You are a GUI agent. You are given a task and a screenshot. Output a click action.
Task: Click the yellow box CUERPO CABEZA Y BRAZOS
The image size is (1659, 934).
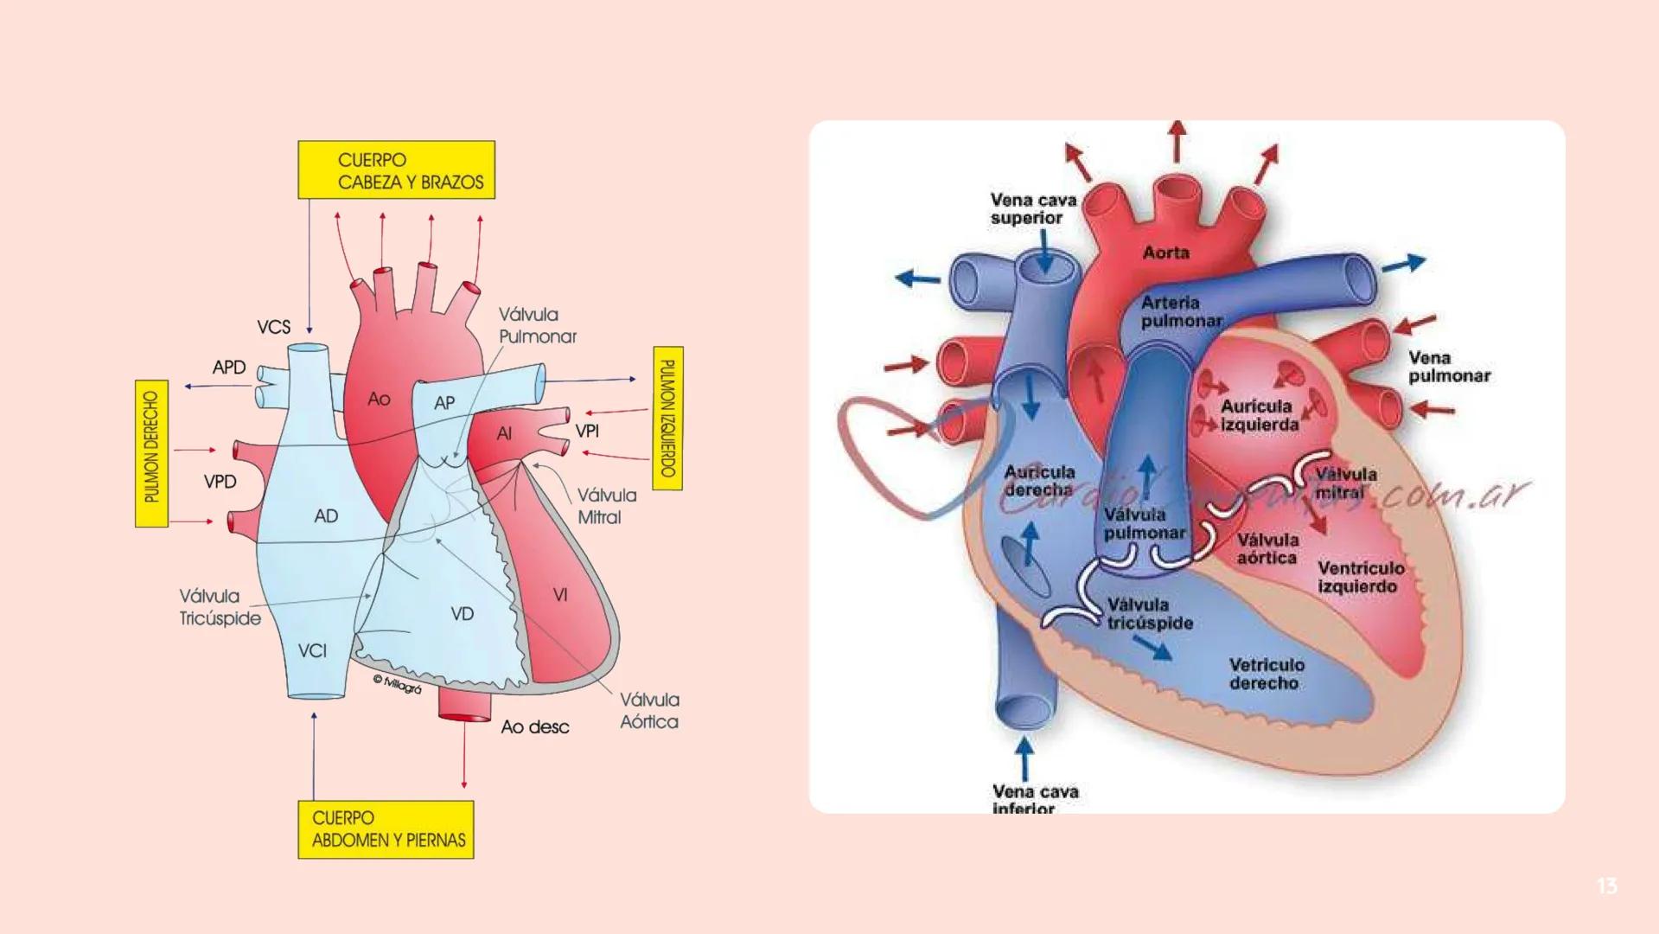(x=397, y=170)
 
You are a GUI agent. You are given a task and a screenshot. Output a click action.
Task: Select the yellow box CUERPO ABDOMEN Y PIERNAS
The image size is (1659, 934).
(x=386, y=829)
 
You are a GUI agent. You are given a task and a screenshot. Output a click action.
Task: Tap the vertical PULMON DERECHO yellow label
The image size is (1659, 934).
(x=151, y=453)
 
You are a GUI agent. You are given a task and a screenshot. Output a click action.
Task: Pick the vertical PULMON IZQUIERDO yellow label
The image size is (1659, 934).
(x=667, y=419)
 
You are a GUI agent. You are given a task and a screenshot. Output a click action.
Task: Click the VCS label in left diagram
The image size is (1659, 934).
(x=273, y=327)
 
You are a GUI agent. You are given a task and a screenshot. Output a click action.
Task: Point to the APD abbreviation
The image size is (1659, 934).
(x=229, y=367)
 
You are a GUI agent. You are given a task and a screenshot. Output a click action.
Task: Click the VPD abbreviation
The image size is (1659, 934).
(x=220, y=482)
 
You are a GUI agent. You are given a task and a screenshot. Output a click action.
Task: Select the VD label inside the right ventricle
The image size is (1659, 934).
(x=463, y=613)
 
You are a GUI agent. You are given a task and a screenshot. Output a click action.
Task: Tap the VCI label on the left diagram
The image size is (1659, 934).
(x=312, y=650)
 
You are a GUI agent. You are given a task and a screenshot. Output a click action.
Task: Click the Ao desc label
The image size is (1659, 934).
(x=534, y=727)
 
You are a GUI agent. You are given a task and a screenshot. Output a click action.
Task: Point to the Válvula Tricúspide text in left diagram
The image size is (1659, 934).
(x=220, y=607)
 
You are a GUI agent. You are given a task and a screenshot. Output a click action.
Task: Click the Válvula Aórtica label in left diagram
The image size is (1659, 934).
(x=648, y=711)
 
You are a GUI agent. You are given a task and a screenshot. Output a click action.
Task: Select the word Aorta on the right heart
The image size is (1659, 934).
(x=1165, y=253)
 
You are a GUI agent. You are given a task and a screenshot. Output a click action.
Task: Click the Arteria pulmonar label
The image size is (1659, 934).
(x=1181, y=311)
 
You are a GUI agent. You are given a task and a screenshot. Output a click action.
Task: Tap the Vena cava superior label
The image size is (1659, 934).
(x=1033, y=208)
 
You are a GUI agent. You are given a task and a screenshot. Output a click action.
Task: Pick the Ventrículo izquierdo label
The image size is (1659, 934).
(x=1361, y=577)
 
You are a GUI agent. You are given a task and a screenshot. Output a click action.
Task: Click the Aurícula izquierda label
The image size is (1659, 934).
(x=1259, y=415)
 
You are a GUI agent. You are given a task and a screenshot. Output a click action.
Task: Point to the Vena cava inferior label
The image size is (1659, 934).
(x=1035, y=799)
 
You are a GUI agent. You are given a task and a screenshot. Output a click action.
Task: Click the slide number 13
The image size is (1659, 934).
(x=1606, y=886)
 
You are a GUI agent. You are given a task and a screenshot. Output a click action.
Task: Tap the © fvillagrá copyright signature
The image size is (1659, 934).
(x=397, y=684)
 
